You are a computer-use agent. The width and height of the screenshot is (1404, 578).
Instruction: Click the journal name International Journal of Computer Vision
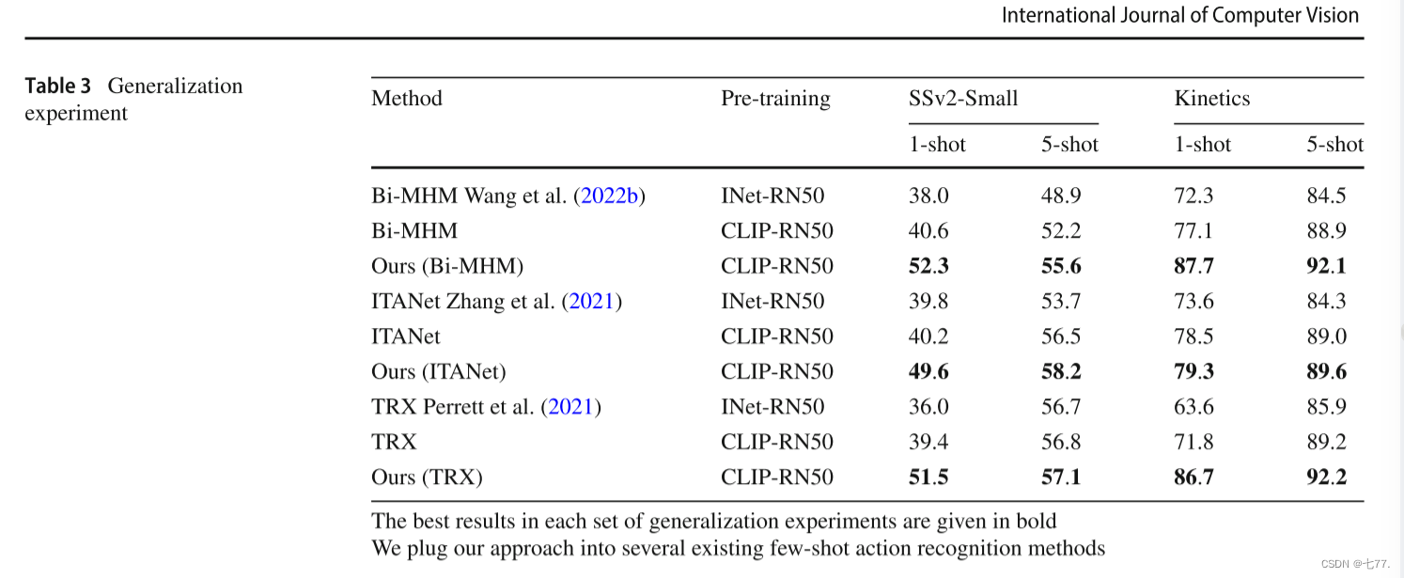coord(1180,15)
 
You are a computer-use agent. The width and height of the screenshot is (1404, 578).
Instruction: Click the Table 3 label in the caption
coord(57,86)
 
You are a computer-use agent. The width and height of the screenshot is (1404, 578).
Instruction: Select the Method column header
coord(406,99)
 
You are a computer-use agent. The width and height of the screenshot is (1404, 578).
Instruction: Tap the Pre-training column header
coord(775,99)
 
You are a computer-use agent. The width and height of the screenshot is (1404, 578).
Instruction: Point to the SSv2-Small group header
coord(957,99)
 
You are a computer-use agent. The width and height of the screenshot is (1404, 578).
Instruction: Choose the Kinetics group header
coord(1211,99)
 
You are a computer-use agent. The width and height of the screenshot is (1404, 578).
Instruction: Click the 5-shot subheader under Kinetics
coord(1334,145)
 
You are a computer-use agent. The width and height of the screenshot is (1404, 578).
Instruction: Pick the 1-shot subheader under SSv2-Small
coord(937,145)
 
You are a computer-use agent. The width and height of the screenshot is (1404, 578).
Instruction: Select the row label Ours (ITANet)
coord(438,372)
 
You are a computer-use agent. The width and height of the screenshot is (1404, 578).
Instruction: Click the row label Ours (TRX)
coord(427,477)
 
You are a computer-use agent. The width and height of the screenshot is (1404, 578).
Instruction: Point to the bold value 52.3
coord(928,267)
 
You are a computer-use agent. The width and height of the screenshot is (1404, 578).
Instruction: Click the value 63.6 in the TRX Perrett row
coord(1193,407)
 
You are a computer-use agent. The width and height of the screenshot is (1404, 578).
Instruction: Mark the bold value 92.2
coord(1326,477)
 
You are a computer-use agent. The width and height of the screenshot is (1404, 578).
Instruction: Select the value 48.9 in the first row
coord(1061,196)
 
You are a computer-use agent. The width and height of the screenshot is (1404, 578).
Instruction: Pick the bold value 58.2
coord(1061,372)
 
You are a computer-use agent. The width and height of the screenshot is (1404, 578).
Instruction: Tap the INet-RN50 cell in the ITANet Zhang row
coord(772,302)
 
